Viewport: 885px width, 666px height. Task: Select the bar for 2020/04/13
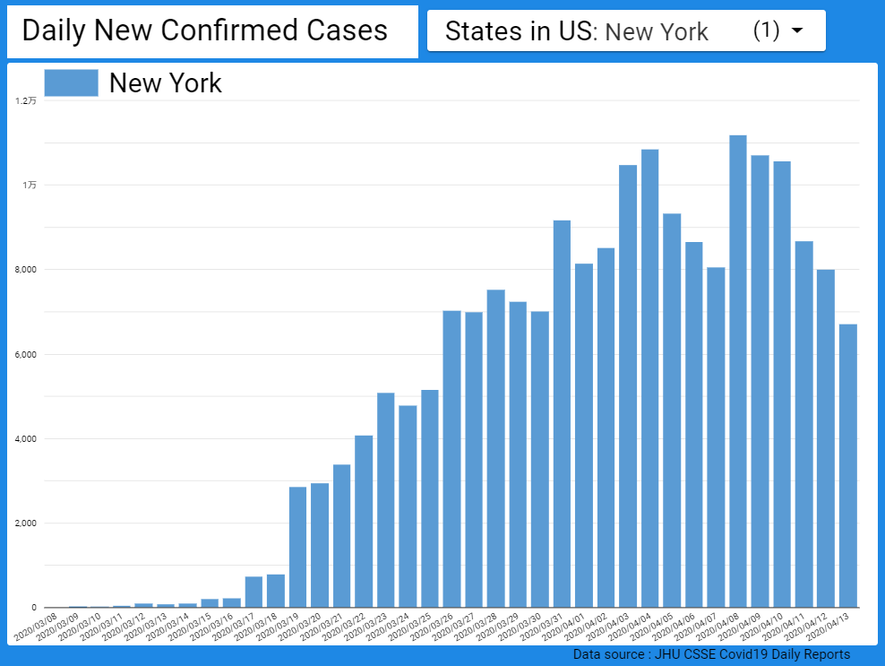click(x=848, y=465)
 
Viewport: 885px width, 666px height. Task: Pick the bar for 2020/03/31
click(x=562, y=413)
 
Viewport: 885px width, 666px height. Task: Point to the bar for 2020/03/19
click(x=297, y=547)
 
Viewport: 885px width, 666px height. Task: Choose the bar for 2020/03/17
click(x=253, y=592)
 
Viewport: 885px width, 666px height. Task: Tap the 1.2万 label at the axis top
click(x=27, y=101)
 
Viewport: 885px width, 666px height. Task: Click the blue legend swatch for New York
click(x=71, y=82)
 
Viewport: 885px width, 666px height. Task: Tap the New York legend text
click(x=165, y=83)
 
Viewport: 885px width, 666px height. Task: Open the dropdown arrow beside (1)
click(x=797, y=31)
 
